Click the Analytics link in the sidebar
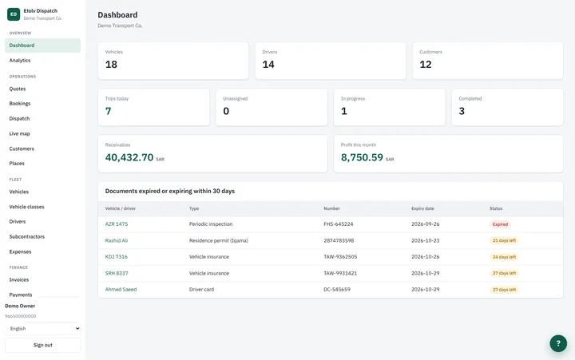[20, 61]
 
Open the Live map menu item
[19, 134]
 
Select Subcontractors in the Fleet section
[27, 237]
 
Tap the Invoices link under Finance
[19, 279]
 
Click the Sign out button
[43, 345]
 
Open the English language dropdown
[43, 329]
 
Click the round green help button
[558, 343]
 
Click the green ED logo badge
[14, 14]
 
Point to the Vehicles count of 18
[111, 65]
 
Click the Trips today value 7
[108, 111]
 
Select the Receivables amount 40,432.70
[129, 157]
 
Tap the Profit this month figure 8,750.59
[362, 157]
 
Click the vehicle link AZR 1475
[117, 224]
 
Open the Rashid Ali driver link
[117, 240]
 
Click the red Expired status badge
[500, 224]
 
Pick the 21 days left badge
[504, 240]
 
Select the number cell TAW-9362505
[340, 256]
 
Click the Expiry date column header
[422, 208]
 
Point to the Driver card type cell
[202, 289]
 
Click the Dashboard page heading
[117, 15]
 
